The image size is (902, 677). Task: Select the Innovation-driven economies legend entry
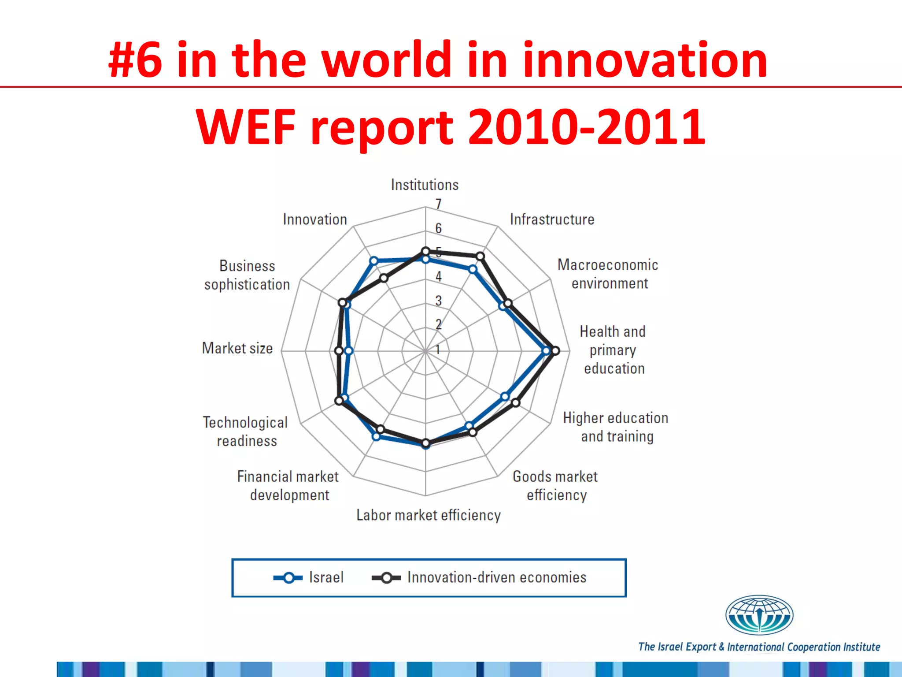click(480, 577)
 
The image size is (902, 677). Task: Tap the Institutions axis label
click(425, 185)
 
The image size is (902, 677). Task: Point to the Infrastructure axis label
click(552, 219)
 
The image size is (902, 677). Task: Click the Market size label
click(237, 348)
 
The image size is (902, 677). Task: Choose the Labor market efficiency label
click(429, 515)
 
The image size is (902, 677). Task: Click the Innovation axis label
click(315, 219)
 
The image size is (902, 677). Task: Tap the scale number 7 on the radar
click(438, 204)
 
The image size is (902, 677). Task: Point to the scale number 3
click(438, 301)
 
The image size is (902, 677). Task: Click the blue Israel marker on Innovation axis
click(374, 260)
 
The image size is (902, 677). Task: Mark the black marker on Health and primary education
click(555, 351)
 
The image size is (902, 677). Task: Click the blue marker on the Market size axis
click(349, 351)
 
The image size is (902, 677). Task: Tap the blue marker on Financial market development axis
click(376, 436)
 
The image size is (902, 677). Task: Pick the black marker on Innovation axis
click(384, 278)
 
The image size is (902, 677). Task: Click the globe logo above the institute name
click(759, 615)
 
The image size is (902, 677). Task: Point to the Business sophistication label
click(247, 275)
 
